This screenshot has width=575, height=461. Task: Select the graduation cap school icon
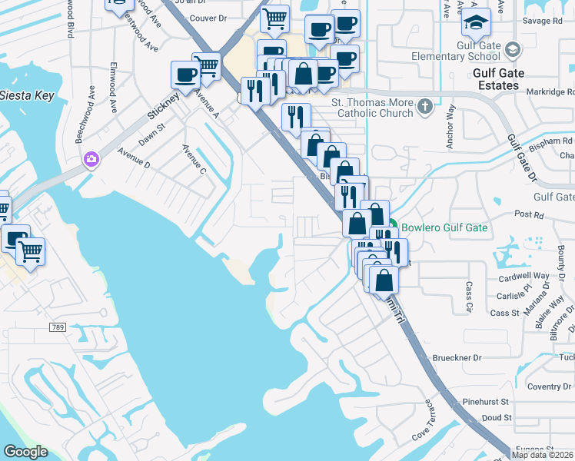point(477,23)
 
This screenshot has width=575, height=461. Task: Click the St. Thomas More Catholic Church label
point(372,108)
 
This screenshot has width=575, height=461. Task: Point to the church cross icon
point(424,107)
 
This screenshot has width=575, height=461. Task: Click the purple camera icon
point(91,159)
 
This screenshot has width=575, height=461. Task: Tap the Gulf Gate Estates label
point(497,79)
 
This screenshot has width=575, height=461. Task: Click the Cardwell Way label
point(523,276)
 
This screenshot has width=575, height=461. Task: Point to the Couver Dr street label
point(208,18)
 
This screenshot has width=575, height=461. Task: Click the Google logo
point(25,452)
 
